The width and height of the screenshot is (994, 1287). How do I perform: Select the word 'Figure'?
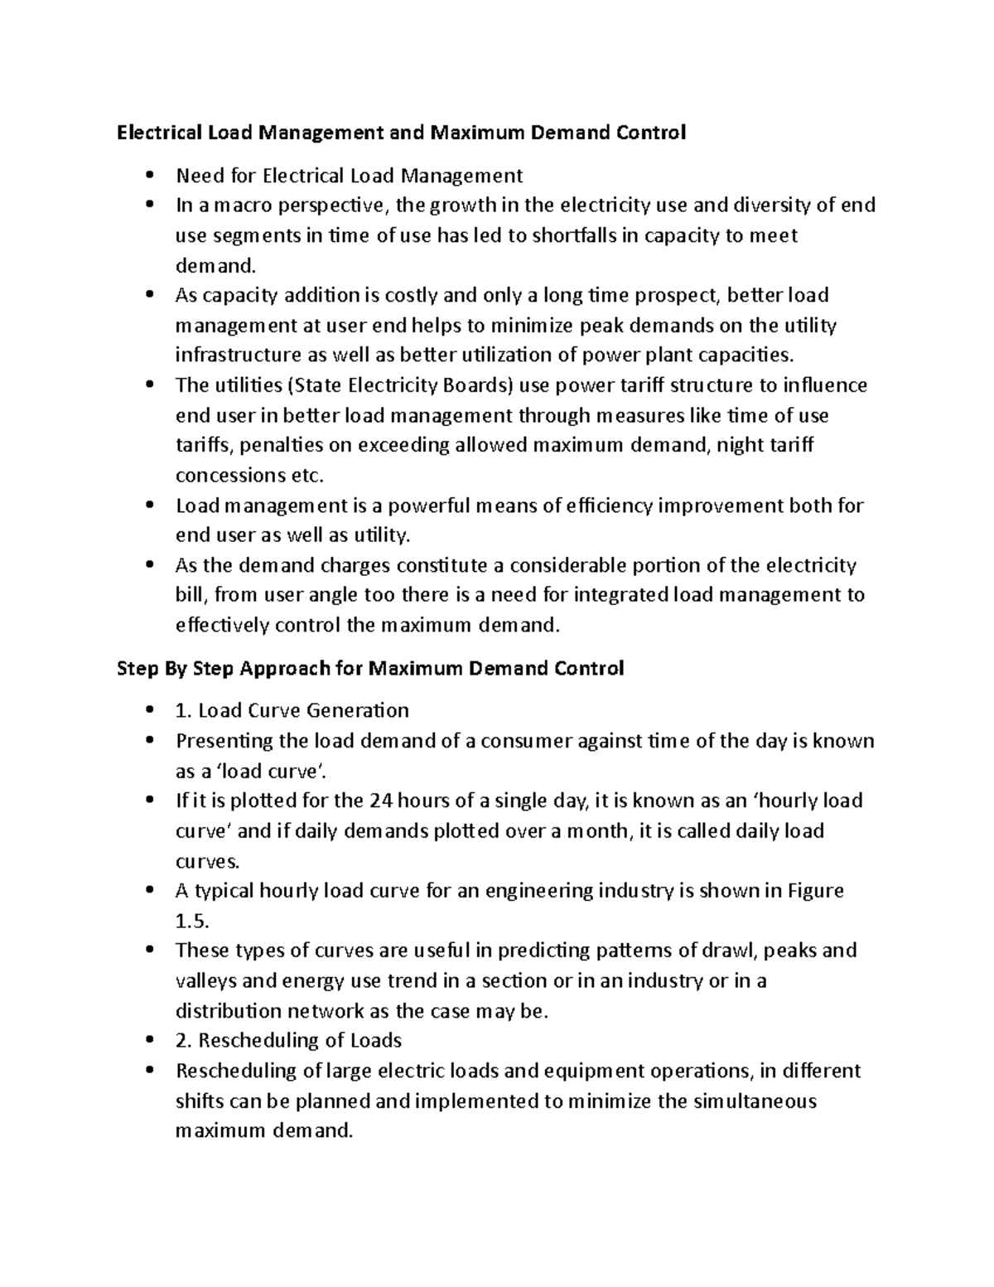[816, 891]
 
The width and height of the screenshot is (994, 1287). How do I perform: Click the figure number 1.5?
[192, 921]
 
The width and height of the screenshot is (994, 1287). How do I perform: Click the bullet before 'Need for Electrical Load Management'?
[149, 176]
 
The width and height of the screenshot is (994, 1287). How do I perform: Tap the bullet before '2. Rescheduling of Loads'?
[149, 1041]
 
